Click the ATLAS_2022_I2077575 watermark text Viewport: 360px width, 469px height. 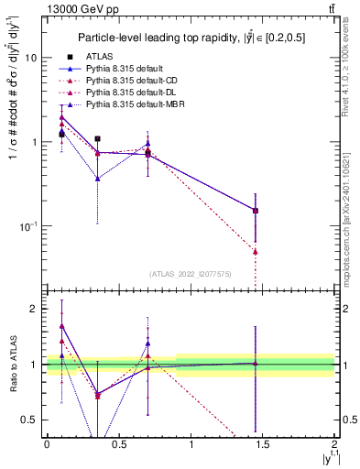click(x=190, y=273)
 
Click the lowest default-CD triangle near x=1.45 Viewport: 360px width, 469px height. click(x=256, y=251)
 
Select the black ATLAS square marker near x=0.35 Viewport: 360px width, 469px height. click(x=97, y=139)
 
